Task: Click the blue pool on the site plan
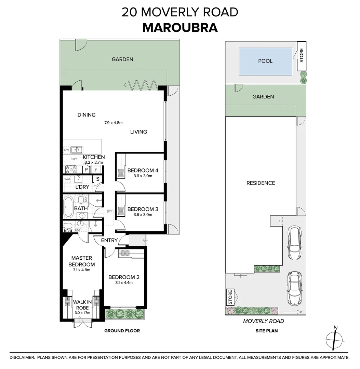pos(265,61)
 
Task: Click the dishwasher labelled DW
pos(66,150)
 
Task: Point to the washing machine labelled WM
pos(67,179)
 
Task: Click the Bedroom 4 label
pos(139,170)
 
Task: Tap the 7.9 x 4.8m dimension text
pos(114,123)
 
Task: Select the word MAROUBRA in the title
pos(180,28)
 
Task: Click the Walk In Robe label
pos(82,304)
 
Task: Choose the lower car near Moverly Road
pos(294,288)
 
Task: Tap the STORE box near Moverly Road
pos(230,297)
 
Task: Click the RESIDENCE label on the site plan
pos(261,183)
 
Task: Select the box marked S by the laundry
pos(98,179)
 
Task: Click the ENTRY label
pos(109,241)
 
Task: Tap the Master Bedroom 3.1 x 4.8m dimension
pos(81,270)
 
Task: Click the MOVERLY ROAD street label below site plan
pos(263,321)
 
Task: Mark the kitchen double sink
pos(77,150)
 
